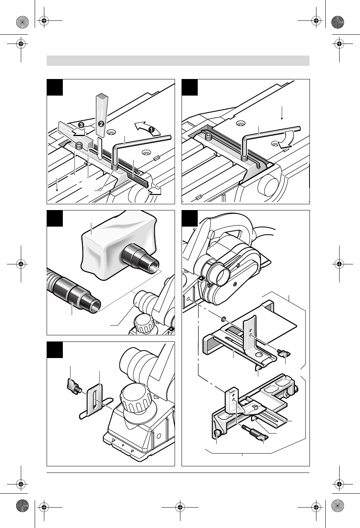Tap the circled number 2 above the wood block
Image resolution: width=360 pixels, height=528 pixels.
point(101,124)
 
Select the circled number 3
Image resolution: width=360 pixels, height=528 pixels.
point(81,125)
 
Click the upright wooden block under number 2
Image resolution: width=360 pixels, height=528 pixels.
point(101,115)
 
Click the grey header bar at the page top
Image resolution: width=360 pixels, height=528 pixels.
point(178,61)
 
